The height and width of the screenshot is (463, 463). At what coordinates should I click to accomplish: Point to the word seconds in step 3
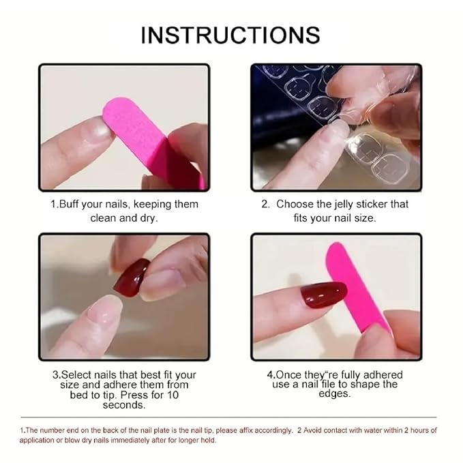pos(123,405)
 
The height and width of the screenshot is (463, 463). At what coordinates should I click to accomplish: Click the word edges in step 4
pos(334,394)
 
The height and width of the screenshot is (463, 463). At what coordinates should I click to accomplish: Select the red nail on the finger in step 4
pos(324,295)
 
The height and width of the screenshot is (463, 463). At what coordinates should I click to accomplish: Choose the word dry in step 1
pos(155,218)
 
